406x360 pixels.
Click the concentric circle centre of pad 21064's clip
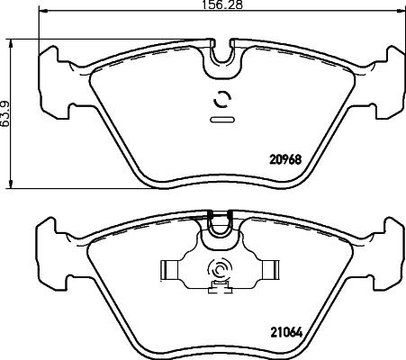pos(219,269)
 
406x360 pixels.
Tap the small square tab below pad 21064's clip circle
pos(217,287)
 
